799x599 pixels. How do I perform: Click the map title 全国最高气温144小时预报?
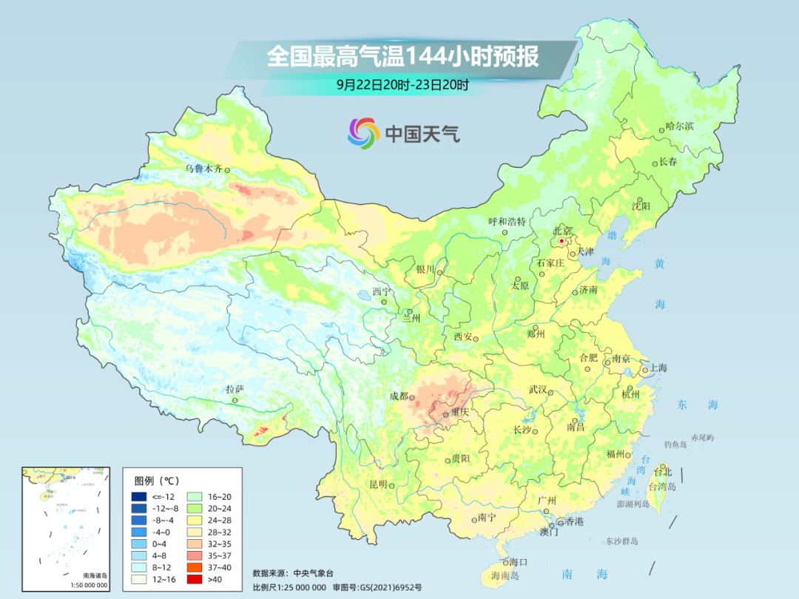[402, 56]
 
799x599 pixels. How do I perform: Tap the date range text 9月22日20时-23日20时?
[402, 85]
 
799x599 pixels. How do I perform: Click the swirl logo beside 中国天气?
[363, 132]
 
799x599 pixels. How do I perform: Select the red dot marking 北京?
[562, 241]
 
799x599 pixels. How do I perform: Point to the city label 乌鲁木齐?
[203, 169]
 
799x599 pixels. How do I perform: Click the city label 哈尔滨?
[680, 126]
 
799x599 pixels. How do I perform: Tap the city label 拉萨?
[235, 389]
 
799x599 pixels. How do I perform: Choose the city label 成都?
[399, 396]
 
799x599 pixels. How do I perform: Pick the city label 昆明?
[378, 484]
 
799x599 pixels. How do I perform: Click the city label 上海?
[658, 368]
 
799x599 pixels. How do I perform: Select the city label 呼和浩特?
[507, 221]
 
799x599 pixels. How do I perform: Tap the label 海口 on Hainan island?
[519, 562]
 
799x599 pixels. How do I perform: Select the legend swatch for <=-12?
[138, 496]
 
